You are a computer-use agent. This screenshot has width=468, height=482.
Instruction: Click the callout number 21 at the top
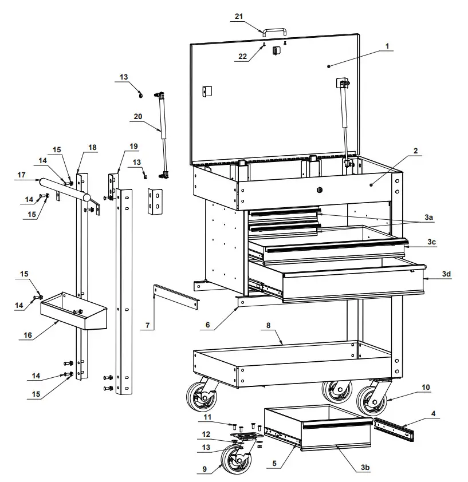239,17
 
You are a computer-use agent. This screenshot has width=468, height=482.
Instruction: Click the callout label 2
416,151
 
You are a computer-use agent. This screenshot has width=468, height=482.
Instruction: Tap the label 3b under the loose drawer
364,468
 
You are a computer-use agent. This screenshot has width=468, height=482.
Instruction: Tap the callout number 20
137,116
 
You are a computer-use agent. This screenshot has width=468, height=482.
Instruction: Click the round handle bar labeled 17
63,189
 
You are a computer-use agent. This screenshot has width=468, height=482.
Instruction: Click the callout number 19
118,154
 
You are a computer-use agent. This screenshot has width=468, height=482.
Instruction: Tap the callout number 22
242,56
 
